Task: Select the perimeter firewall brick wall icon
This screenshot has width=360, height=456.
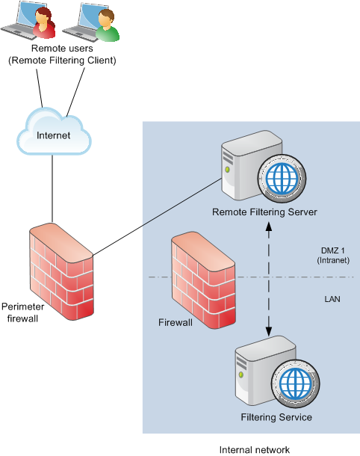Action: (x=61, y=271)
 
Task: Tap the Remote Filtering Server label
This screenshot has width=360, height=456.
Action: (x=264, y=212)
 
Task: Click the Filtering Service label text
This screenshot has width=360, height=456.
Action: (x=276, y=417)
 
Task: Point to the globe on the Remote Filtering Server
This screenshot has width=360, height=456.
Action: (x=282, y=178)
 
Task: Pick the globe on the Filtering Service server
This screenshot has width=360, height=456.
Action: (x=295, y=383)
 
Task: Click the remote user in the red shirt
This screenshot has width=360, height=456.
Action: (x=44, y=22)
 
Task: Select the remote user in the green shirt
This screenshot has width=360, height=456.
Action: (x=108, y=25)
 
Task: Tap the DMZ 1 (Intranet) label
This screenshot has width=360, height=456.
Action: (x=333, y=256)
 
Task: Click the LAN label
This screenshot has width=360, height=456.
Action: (x=332, y=299)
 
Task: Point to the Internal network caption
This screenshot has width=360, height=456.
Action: (x=255, y=450)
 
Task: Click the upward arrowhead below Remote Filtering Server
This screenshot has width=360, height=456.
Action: (x=269, y=227)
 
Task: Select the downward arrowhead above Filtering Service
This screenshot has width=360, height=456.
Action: (x=269, y=331)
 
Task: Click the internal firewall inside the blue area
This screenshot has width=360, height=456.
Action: (x=203, y=280)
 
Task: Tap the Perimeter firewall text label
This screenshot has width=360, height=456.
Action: (x=22, y=312)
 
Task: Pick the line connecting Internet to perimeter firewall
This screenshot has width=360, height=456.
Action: (x=52, y=189)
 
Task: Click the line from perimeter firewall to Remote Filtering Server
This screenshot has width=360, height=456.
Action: (x=158, y=217)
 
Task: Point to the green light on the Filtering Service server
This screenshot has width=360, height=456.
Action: (x=241, y=375)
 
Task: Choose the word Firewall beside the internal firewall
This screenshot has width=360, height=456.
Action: (x=176, y=322)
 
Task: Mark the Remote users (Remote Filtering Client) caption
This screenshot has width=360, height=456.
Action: (x=62, y=55)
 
